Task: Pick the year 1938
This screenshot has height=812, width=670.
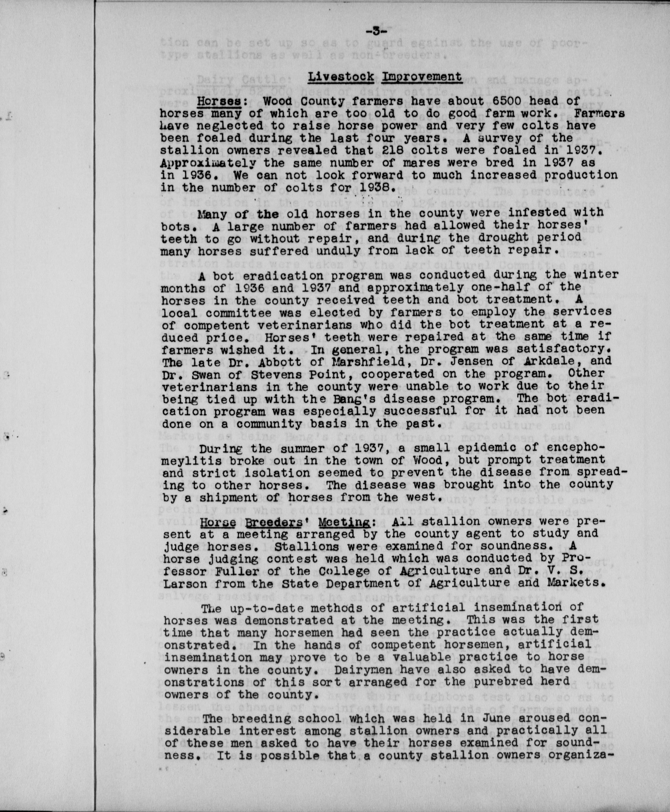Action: [376, 188]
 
